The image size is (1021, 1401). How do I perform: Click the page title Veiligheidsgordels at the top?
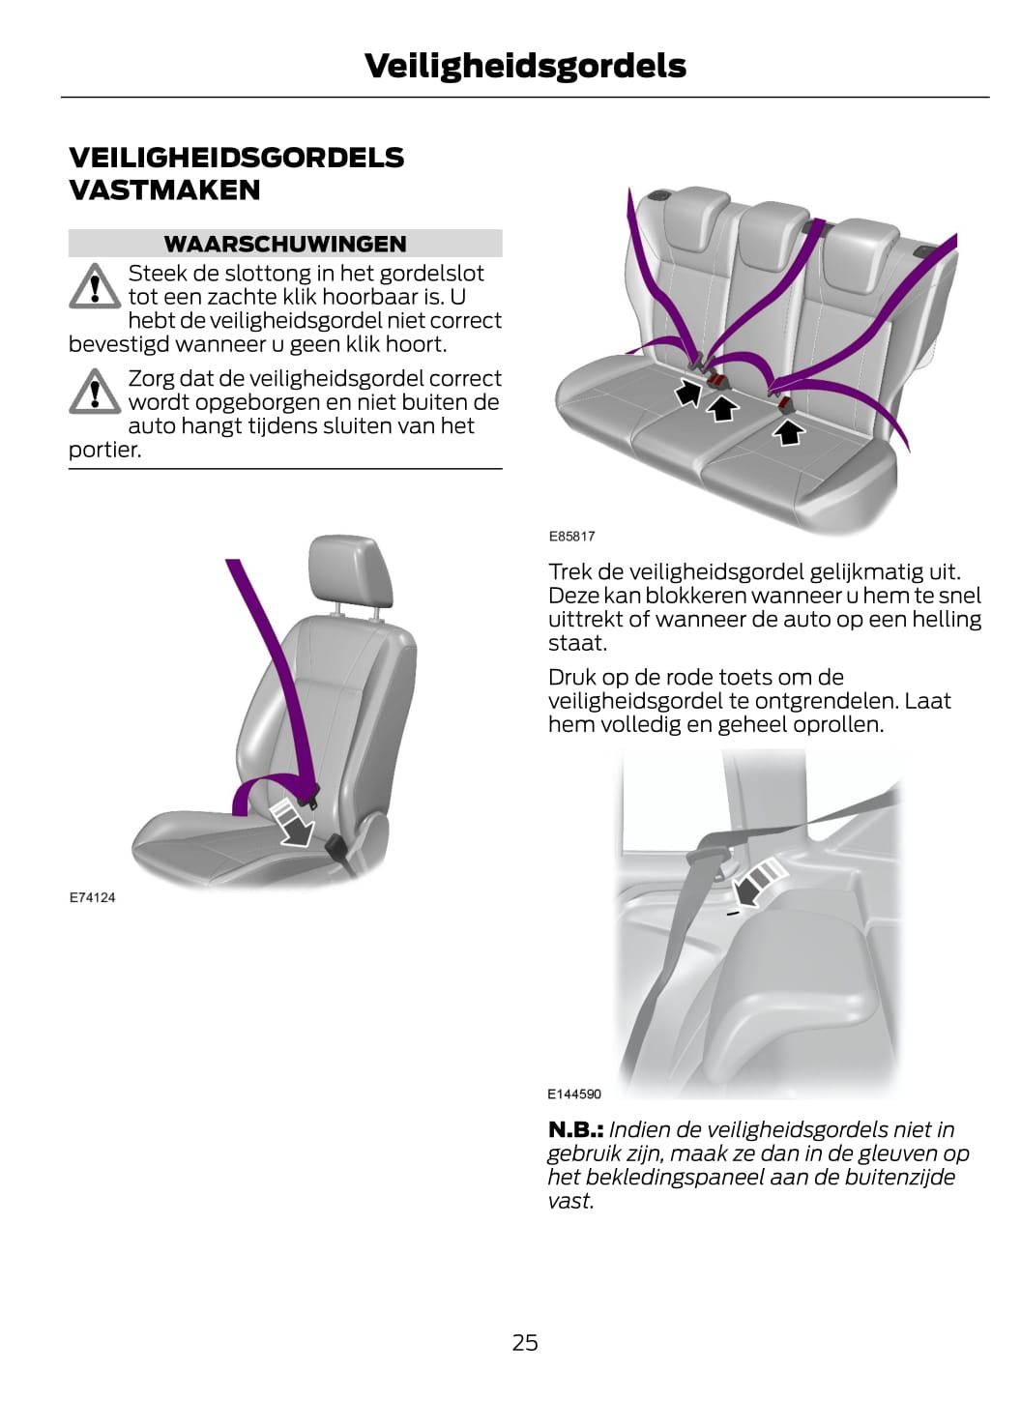[x=525, y=67]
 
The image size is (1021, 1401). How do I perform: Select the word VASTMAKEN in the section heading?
[x=164, y=190]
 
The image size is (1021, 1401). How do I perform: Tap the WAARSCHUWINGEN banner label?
[x=285, y=244]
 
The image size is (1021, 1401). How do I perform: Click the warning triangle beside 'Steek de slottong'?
[x=95, y=286]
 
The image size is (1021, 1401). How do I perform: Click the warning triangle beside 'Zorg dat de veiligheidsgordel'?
[x=95, y=391]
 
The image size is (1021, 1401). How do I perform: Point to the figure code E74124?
[x=93, y=897]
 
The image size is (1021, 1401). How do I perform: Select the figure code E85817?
[x=571, y=536]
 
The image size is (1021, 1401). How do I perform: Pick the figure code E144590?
[x=574, y=1094]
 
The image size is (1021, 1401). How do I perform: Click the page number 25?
[x=525, y=1343]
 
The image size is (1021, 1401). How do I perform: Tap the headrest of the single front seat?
[x=350, y=569]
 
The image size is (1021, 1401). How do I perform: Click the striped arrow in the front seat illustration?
[x=293, y=823]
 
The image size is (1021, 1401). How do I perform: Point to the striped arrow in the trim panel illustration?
[x=759, y=881]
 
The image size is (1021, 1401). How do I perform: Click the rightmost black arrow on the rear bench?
[x=788, y=431]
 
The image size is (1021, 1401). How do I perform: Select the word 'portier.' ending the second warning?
[x=105, y=450]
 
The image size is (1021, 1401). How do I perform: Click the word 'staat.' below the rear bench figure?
[x=577, y=643]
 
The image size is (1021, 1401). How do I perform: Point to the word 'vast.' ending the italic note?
[x=570, y=1202]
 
